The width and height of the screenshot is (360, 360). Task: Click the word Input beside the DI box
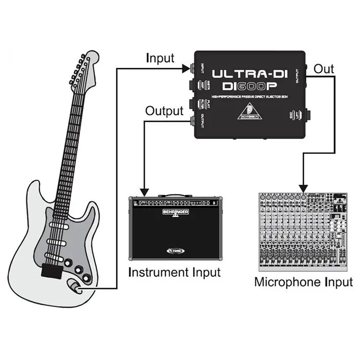tap(160, 57)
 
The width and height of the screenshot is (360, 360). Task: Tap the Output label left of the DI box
tap(164, 111)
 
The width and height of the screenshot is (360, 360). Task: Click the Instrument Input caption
tap(175, 272)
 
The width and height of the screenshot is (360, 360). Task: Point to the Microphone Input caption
tap(303, 282)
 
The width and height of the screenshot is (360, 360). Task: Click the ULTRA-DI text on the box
tap(249, 73)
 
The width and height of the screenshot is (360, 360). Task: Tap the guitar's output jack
tap(75, 288)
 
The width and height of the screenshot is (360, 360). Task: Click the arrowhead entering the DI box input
tap(190, 68)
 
